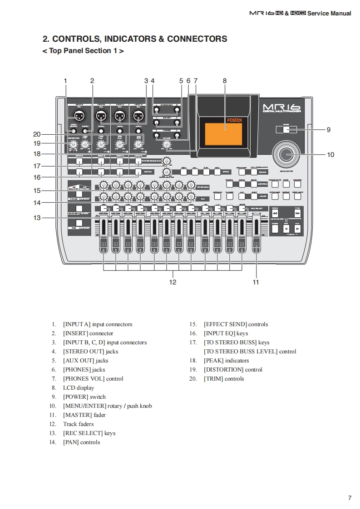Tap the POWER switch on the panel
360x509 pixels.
(286, 130)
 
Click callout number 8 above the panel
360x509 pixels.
(225, 81)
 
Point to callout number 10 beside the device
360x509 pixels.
(330, 155)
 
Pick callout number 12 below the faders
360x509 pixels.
(173, 282)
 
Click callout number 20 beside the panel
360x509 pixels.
(37, 134)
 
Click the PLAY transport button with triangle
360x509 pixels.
(297, 229)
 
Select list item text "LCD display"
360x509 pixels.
(79, 388)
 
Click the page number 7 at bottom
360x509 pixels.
(350, 498)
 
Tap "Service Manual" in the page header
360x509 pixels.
(329, 14)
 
